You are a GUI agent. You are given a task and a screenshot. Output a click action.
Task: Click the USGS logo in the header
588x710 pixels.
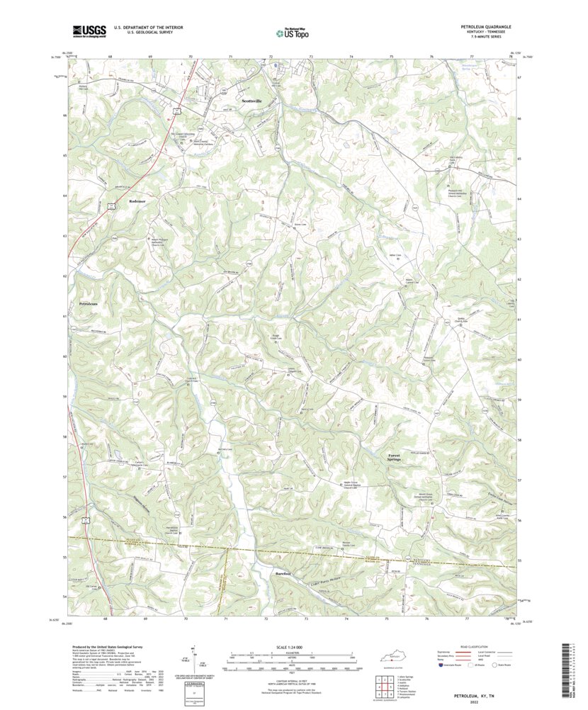click(x=89, y=30)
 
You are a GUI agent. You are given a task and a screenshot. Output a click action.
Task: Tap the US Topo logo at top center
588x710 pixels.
click(x=292, y=32)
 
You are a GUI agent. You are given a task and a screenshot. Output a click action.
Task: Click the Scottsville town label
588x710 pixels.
click(x=251, y=101)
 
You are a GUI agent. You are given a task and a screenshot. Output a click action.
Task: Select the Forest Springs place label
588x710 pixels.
click(x=395, y=458)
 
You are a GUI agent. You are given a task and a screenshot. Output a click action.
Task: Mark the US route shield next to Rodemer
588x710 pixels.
click(x=113, y=205)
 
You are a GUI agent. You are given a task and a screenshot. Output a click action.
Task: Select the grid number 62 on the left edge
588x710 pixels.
click(x=64, y=276)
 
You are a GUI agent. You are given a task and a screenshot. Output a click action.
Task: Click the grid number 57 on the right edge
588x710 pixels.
click(x=519, y=480)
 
